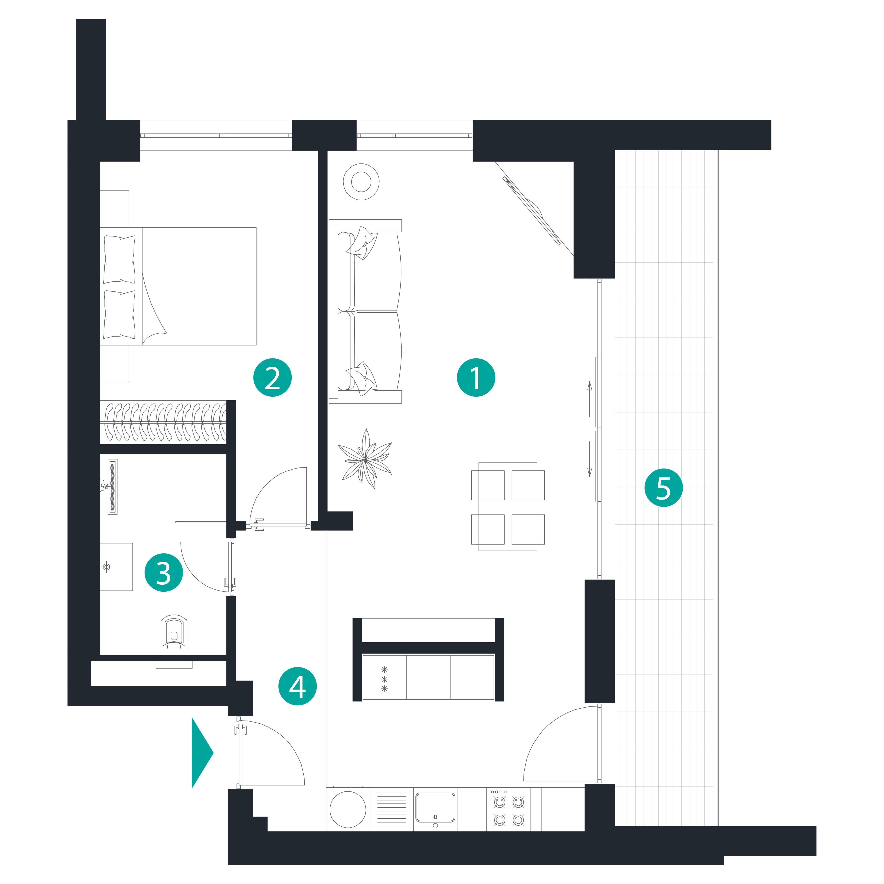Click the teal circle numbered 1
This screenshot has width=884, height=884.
click(x=476, y=378)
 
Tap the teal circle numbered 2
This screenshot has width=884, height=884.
click(x=273, y=378)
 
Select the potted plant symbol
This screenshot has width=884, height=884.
click(x=365, y=459)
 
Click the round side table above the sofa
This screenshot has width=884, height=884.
click(x=361, y=182)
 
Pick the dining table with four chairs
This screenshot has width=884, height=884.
click(x=508, y=506)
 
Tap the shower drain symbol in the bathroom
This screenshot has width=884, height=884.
click(x=107, y=567)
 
